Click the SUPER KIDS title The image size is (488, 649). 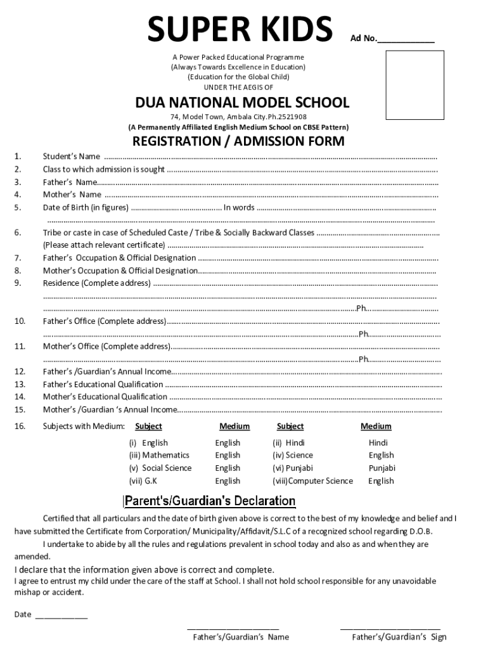tap(240, 30)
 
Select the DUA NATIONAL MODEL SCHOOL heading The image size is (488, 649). tap(242, 103)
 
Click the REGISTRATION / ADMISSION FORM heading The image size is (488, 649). tap(238, 141)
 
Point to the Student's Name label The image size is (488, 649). tap(71, 157)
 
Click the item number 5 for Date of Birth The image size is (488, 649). tap(18, 207)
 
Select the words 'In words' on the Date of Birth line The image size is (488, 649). tap(239, 207)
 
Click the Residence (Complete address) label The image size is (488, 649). tap(96, 283)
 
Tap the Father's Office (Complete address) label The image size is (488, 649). tap(105, 321)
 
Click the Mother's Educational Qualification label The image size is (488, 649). tap(105, 397)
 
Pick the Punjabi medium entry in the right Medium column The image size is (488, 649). tap(382, 468)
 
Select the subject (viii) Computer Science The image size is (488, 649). tap(312, 481)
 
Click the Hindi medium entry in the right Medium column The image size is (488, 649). tap(378, 443)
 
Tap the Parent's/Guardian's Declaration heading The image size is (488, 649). tap(210, 501)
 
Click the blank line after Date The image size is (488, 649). tap(61, 614)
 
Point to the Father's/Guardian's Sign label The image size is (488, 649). tap(399, 637)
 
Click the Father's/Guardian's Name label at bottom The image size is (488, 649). tap(241, 637)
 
